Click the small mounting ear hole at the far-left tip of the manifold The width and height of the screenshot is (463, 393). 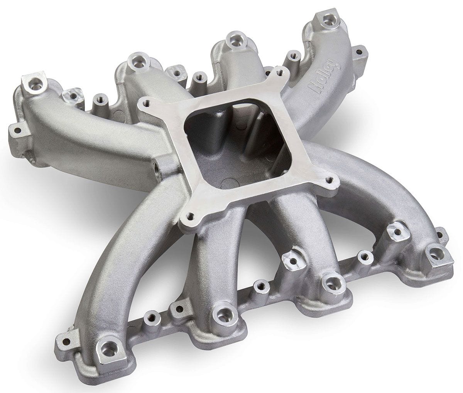pyautogui.click(x=17, y=130)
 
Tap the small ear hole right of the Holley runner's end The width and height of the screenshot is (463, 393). pyautogui.click(x=360, y=51)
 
